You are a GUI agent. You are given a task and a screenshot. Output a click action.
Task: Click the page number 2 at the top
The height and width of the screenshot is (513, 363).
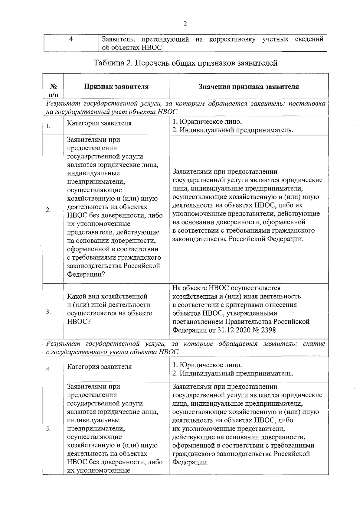(x=185, y=24)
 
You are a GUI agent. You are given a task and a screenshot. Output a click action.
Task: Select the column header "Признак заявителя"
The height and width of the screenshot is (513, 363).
(x=116, y=87)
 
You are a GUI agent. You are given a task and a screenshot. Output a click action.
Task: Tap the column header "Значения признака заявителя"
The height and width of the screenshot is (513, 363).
(x=249, y=87)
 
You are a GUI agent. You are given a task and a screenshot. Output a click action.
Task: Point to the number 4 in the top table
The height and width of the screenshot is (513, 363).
(x=71, y=40)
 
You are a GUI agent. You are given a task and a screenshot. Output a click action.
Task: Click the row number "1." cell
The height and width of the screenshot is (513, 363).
(x=48, y=126)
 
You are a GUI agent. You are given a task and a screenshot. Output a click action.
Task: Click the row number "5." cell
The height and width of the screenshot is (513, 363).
(x=48, y=429)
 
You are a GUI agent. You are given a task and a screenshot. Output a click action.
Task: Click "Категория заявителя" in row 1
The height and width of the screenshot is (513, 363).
(x=99, y=123)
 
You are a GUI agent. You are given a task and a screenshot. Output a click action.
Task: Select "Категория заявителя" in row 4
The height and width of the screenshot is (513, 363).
(x=99, y=367)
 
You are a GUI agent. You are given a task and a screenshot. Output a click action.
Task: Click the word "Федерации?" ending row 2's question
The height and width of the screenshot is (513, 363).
(x=86, y=274)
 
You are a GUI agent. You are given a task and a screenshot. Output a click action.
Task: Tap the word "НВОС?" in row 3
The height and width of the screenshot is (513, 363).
(x=79, y=322)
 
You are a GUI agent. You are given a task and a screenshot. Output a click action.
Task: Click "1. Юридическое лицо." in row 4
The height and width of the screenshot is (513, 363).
(x=207, y=365)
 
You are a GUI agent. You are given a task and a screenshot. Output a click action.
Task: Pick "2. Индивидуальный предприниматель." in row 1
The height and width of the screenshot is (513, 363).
(x=232, y=130)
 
